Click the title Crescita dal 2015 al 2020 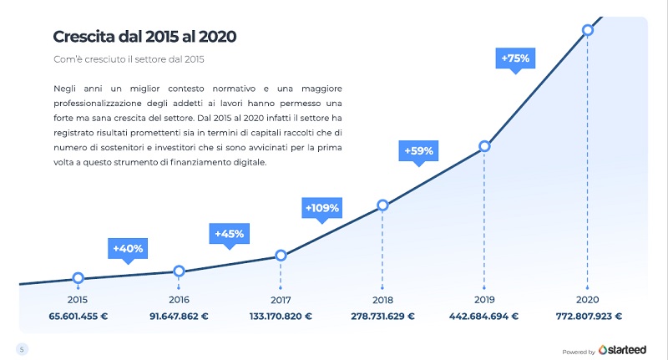click(x=144, y=37)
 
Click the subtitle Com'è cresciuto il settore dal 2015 click(x=129, y=59)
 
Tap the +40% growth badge click(x=127, y=248)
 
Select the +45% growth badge click(x=228, y=234)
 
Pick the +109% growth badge click(x=321, y=207)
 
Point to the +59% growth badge click(x=418, y=151)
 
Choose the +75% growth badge click(x=515, y=58)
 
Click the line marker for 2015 click(x=78, y=278)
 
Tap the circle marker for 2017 click(x=281, y=256)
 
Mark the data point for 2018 click(x=382, y=205)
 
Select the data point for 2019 click(x=484, y=147)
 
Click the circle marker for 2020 click(x=587, y=29)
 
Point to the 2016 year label click(x=179, y=299)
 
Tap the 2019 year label click(x=484, y=299)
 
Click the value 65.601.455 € click(x=78, y=317)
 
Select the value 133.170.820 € click(x=281, y=317)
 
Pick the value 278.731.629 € click(x=382, y=317)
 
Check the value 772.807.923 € click(x=587, y=317)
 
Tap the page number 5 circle click(x=21, y=348)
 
